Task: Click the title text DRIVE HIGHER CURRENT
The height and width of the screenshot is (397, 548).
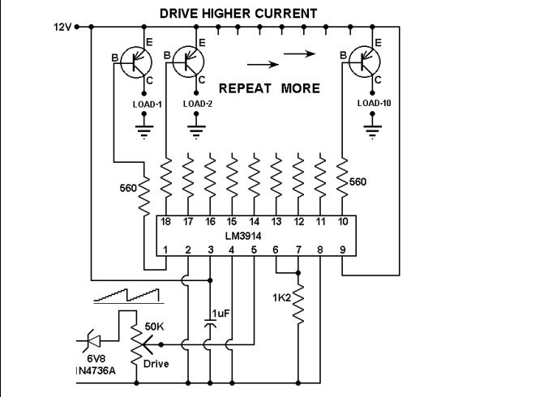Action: [x=238, y=13]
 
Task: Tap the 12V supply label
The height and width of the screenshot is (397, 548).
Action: [x=62, y=26]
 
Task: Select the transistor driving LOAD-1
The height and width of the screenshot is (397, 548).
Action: [x=136, y=62]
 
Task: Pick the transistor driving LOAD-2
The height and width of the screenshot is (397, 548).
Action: [x=190, y=62]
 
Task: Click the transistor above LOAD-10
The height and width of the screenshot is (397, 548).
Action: [x=366, y=62]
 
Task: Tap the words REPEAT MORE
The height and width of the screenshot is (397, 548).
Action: [x=270, y=88]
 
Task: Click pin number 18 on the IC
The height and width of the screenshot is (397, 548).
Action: [x=166, y=221]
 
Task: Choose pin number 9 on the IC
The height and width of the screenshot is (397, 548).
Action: [x=342, y=250]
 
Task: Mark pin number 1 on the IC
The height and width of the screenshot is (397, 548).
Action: [x=166, y=250]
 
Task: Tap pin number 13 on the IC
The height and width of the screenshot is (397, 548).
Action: [x=276, y=221]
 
